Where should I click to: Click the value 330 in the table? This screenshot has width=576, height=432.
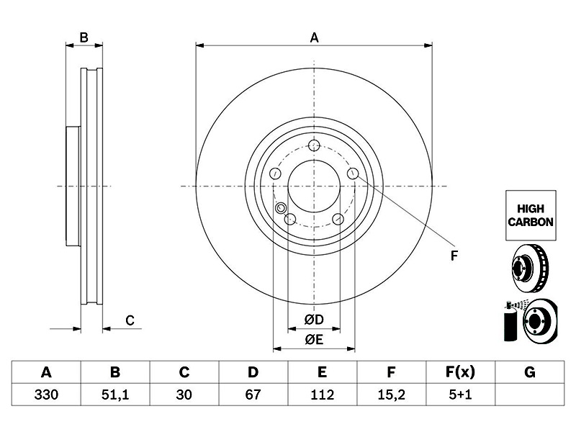coord(46,395)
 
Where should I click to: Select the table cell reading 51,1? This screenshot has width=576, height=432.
coord(115,395)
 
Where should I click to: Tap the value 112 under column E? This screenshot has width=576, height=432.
coord(322,395)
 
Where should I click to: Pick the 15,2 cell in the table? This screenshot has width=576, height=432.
coord(391,395)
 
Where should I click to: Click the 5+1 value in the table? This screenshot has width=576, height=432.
coord(460,395)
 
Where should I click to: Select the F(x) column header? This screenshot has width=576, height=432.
coord(460,372)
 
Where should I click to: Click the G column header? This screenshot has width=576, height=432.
coord(530,372)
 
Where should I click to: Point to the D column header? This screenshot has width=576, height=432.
coord(253,372)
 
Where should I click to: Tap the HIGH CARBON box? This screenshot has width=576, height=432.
coord(531,215)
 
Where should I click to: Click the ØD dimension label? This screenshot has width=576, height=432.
coord(314,320)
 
